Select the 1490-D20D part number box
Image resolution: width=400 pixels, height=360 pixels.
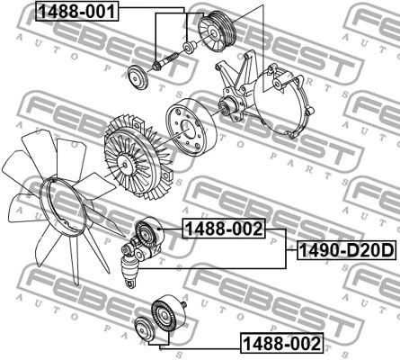(342, 250)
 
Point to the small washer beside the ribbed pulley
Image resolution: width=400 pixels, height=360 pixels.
(188, 47)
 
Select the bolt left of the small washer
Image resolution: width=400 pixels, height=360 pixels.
(164, 63)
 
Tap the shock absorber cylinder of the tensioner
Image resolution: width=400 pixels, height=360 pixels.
(129, 265)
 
